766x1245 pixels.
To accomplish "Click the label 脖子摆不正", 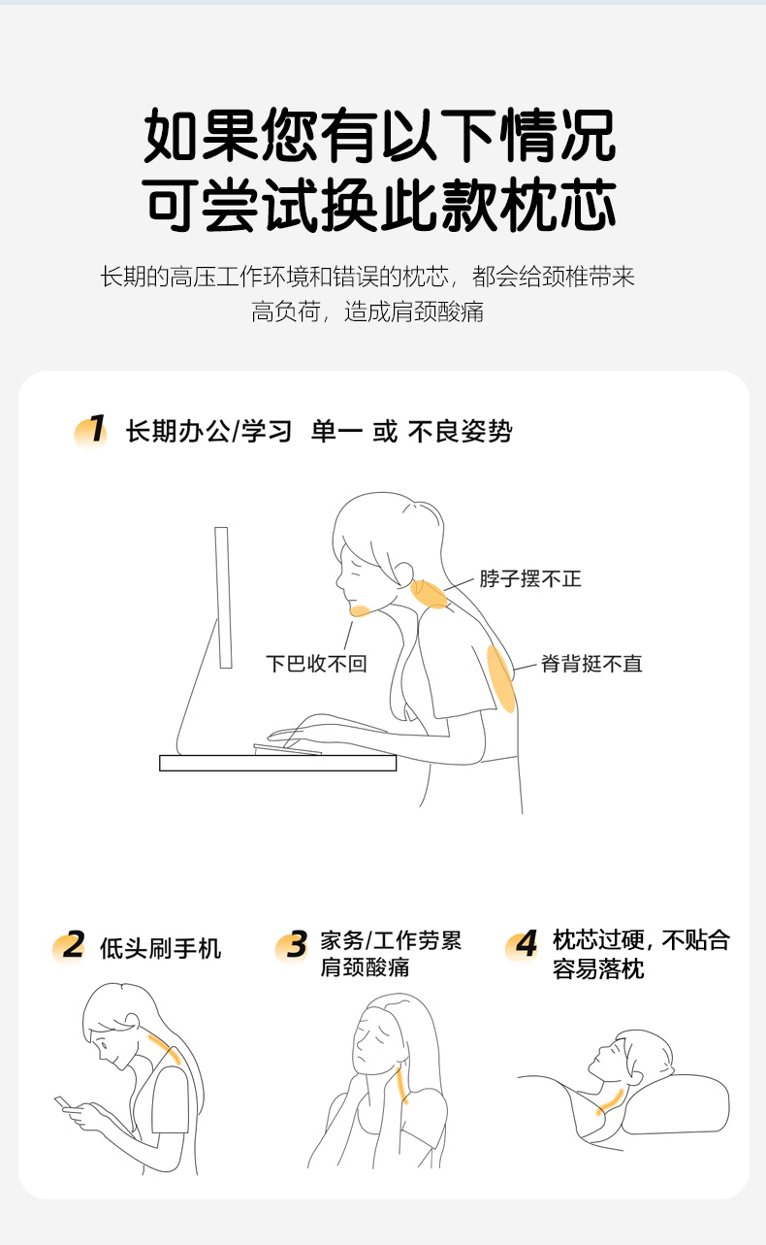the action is [530, 578].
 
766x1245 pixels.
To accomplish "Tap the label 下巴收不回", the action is [317, 664].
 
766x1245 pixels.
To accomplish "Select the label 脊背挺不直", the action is [591, 664].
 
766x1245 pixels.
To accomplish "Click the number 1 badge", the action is [90, 430].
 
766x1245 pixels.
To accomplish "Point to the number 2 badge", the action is [69, 946].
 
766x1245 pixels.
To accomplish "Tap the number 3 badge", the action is [292, 945].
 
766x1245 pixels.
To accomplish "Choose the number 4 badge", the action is [523, 945].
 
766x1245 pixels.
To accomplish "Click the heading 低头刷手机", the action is [161, 948].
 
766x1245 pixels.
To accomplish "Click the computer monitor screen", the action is [223, 598].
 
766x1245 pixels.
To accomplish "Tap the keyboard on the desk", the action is [287, 749].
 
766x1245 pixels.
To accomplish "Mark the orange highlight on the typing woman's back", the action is [501, 678].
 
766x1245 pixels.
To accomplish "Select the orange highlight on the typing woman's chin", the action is [360, 610].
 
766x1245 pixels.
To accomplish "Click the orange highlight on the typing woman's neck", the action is [429, 595].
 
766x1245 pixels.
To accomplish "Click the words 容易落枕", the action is [599, 969].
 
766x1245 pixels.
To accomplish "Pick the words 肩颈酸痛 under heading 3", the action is [365, 967].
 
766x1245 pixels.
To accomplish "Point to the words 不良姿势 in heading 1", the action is [460, 431].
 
